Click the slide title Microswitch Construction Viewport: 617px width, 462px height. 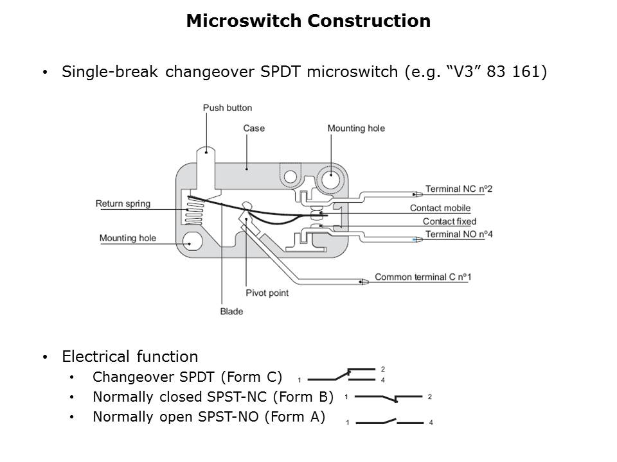308,21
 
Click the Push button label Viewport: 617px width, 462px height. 228,108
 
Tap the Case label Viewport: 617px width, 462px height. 254,128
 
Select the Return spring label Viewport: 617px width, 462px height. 123,204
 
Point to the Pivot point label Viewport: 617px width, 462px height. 267,293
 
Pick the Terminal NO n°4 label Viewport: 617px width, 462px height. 459,234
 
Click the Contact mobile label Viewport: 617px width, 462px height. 440,208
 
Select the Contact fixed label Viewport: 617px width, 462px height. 449,221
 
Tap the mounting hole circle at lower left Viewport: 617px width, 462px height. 192,242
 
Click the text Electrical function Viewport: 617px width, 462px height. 130,356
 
